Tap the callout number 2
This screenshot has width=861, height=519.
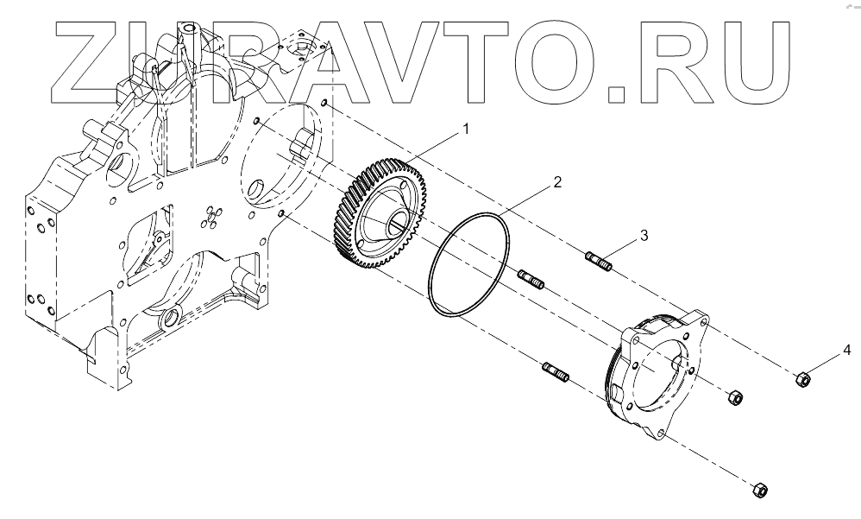557,182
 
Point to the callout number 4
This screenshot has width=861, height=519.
846,350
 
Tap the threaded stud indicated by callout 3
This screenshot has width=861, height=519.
598,259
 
